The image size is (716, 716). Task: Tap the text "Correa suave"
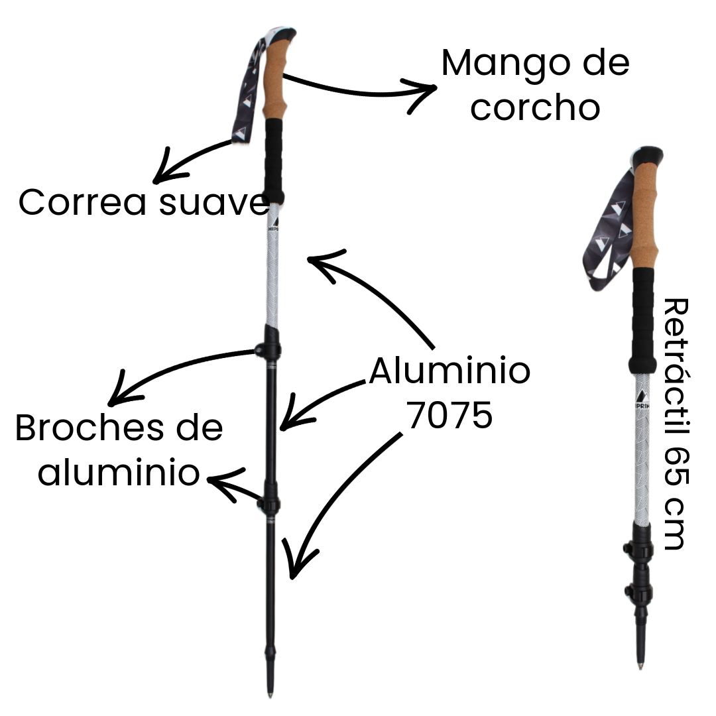pos(143,202)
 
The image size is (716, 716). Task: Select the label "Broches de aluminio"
pos(119,451)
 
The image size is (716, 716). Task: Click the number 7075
pos(449,416)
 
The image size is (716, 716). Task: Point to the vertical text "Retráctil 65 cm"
pos(676,424)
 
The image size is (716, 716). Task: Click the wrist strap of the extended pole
pos(247,93)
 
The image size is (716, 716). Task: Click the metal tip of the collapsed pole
pos(640,663)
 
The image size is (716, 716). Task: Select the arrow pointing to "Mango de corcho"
pos(358,87)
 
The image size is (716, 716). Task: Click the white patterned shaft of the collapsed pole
pos(642,464)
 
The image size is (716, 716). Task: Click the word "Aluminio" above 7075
pos(449,371)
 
